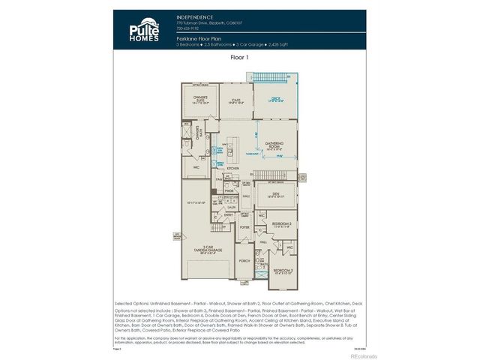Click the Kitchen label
(x=232, y=169)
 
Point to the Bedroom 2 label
(x=282, y=223)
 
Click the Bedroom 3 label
(x=282, y=270)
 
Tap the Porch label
(x=244, y=262)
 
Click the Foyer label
(x=244, y=226)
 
